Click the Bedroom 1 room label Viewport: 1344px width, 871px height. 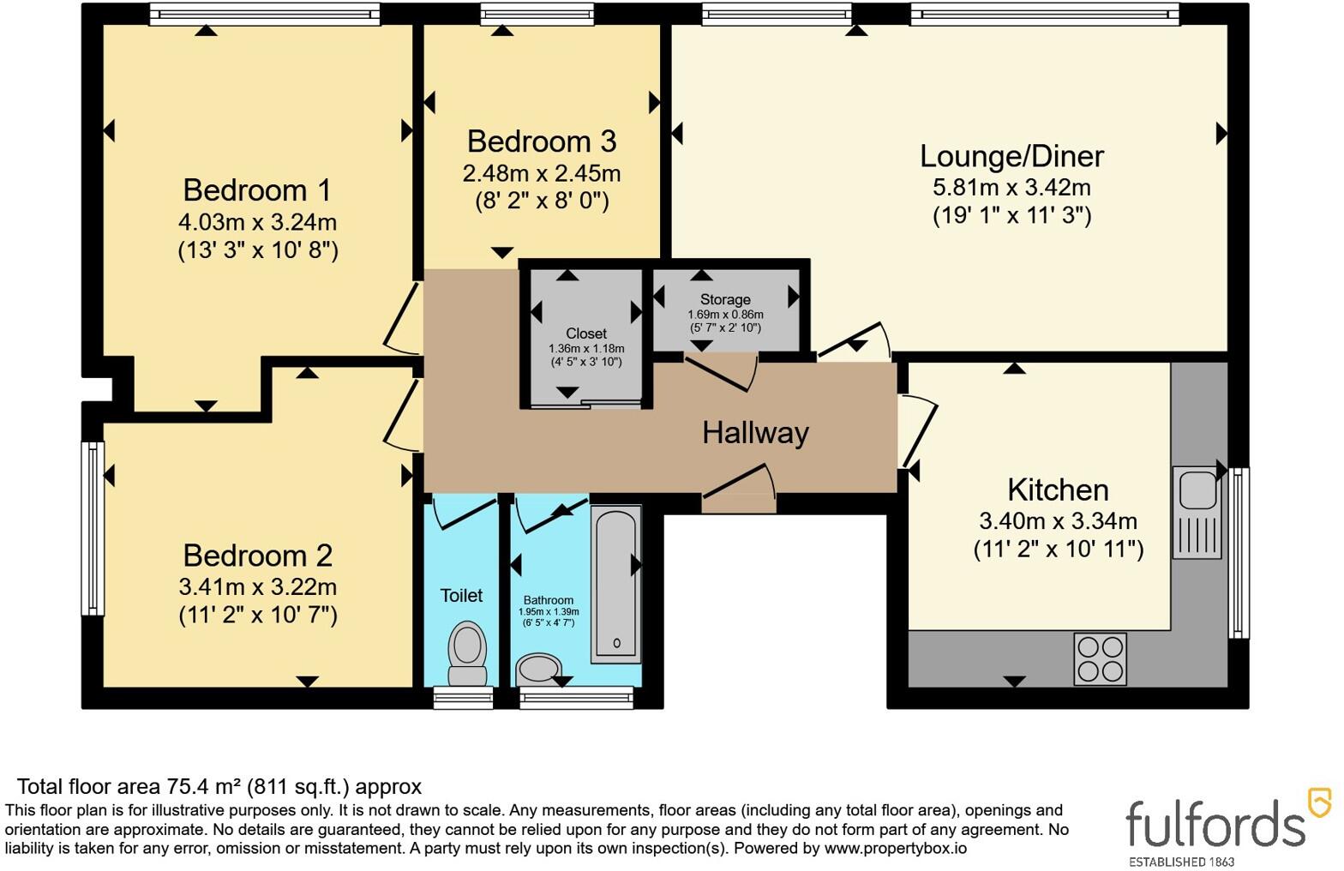click(257, 190)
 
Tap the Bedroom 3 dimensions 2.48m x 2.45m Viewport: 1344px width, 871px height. click(541, 173)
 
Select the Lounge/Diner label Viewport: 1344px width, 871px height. click(1011, 157)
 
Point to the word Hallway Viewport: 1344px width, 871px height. click(755, 433)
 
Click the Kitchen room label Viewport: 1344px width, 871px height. click(1058, 490)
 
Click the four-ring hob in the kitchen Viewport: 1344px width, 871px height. click(1101, 659)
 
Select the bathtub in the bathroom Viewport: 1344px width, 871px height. click(616, 584)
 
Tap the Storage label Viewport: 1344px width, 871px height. click(725, 299)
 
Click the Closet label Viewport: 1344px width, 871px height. click(586, 333)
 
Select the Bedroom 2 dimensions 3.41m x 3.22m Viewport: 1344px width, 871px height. click(257, 586)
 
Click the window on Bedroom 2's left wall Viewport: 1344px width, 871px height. click(93, 528)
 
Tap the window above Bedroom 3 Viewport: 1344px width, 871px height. click(537, 14)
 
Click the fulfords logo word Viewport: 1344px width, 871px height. click(1215, 824)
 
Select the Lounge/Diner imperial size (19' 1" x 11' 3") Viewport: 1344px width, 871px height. click(1011, 215)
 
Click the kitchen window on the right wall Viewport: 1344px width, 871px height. click(1239, 553)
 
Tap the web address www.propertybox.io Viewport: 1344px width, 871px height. click(895, 848)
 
